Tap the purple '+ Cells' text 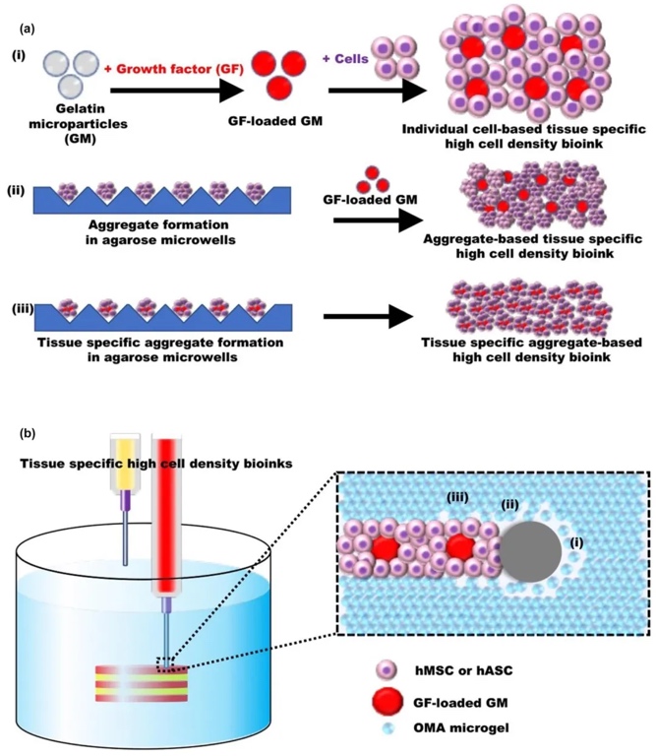click(348, 61)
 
